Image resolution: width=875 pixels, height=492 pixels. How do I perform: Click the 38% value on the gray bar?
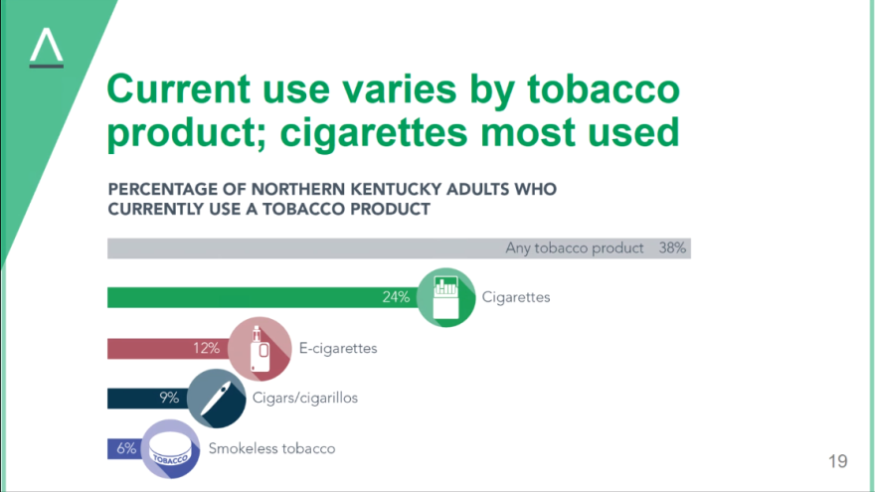(672, 248)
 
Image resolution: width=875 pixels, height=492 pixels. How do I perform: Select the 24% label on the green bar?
(396, 297)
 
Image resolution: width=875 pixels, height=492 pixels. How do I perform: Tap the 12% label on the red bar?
(207, 349)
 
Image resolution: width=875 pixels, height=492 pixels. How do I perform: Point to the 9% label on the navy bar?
(169, 398)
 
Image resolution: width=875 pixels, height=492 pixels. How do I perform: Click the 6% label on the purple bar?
(126, 448)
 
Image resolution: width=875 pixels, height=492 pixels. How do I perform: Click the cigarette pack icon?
(445, 298)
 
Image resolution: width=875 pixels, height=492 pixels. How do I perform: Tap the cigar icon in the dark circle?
(216, 399)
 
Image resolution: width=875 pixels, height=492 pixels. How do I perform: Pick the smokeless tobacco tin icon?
(170, 449)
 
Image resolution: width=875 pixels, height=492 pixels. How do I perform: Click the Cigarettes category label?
(516, 297)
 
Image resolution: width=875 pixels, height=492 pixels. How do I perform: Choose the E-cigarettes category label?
(338, 349)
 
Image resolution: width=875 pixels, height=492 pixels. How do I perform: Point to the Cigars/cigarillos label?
(305, 399)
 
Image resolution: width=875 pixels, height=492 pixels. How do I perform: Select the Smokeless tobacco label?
(271, 449)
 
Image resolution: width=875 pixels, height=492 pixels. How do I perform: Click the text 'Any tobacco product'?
(575, 248)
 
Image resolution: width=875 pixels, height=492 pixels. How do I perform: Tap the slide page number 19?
(837, 461)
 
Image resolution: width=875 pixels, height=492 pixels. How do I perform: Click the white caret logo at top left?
(47, 48)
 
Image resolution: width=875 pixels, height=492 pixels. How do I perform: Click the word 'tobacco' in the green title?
(604, 89)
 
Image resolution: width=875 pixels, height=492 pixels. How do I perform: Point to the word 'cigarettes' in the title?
(373, 133)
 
